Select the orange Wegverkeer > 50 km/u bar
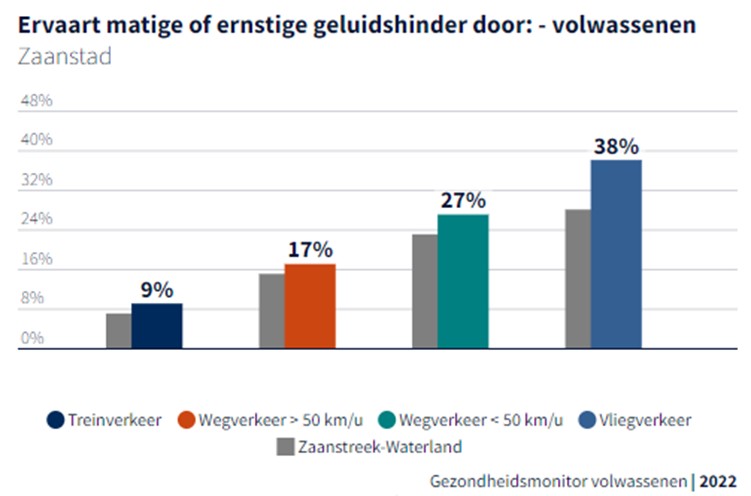310,306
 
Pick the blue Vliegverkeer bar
616,254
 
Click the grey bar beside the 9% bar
119,331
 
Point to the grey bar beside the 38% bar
578,279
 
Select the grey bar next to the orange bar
272,311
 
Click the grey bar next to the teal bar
425,291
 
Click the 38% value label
615,146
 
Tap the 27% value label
462,200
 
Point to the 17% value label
310,250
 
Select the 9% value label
157,290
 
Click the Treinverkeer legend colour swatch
55,419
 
